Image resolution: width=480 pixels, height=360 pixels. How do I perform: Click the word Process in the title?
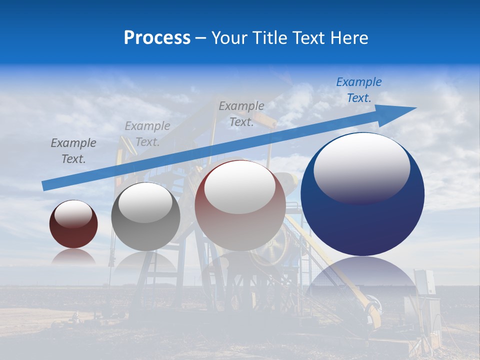point(157,38)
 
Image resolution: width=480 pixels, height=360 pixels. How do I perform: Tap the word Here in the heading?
point(349,38)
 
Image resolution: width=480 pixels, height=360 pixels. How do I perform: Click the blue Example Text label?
point(358,90)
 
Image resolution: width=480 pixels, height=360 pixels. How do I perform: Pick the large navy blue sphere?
point(362,225)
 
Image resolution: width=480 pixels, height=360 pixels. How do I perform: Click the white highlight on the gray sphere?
point(145,203)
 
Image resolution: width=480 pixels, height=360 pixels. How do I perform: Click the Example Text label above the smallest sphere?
point(73,151)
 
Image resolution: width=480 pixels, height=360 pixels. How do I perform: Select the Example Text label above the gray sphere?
point(147,134)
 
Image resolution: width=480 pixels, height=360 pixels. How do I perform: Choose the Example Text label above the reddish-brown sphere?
point(241,114)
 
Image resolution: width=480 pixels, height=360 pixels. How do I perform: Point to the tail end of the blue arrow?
point(46,185)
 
